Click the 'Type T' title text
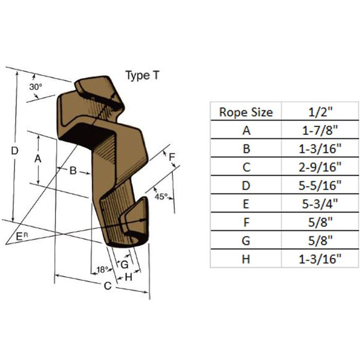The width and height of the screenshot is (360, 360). [x=142, y=75]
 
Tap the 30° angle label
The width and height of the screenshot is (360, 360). [x=35, y=87]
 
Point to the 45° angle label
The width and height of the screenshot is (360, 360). [x=161, y=196]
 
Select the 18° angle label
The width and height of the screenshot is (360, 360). [x=102, y=269]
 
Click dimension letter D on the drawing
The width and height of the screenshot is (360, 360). [x=15, y=151]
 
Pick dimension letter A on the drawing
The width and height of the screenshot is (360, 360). [x=38, y=158]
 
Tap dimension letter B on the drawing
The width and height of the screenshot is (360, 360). [x=73, y=171]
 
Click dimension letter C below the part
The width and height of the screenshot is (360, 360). [x=107, y=286]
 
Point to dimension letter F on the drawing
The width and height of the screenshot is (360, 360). [x=172, y=157]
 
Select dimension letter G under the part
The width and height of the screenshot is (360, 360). [x=124, y=264]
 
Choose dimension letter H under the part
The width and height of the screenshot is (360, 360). [x=129, y=277]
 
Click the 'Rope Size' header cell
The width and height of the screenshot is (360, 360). [x=246, y=112]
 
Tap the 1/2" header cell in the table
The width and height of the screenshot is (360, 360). [x=320, y=112]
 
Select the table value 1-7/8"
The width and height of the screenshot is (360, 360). [x=320, y=131]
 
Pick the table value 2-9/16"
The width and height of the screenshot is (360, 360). [x=320, y=167]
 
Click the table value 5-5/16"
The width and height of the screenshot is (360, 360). [x=320, y=186]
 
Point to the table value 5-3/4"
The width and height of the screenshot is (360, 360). [x=320, y=204]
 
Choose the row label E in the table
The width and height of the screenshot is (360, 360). [x=246, y=204]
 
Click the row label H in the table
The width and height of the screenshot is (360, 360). [x=246, y=259]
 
